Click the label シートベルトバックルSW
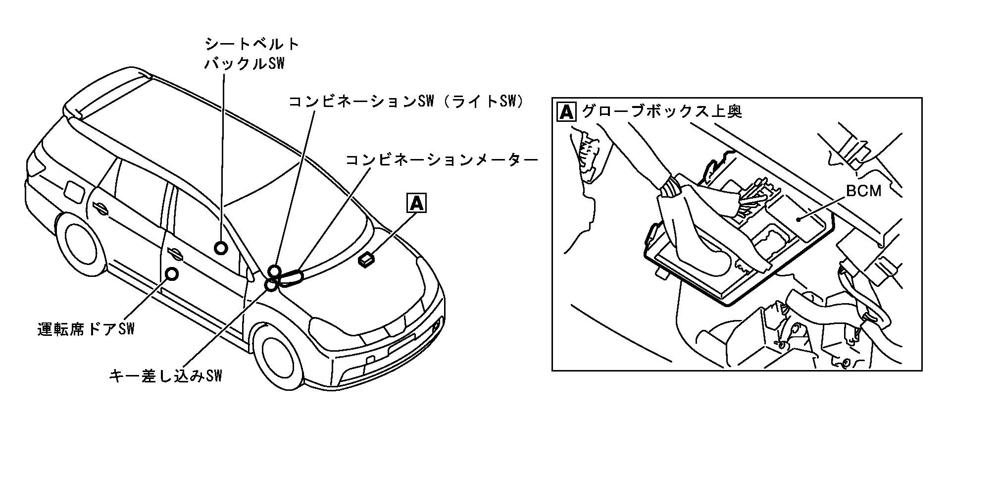252,54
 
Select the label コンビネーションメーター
441,160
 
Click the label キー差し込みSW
165,376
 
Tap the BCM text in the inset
863,191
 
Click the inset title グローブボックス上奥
662,111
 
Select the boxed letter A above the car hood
416,203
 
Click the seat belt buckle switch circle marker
221,248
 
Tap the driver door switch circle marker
172,273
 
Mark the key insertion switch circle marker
271,285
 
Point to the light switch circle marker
274,271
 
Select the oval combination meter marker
292,278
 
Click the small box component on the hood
367,259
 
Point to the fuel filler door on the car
73,192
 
